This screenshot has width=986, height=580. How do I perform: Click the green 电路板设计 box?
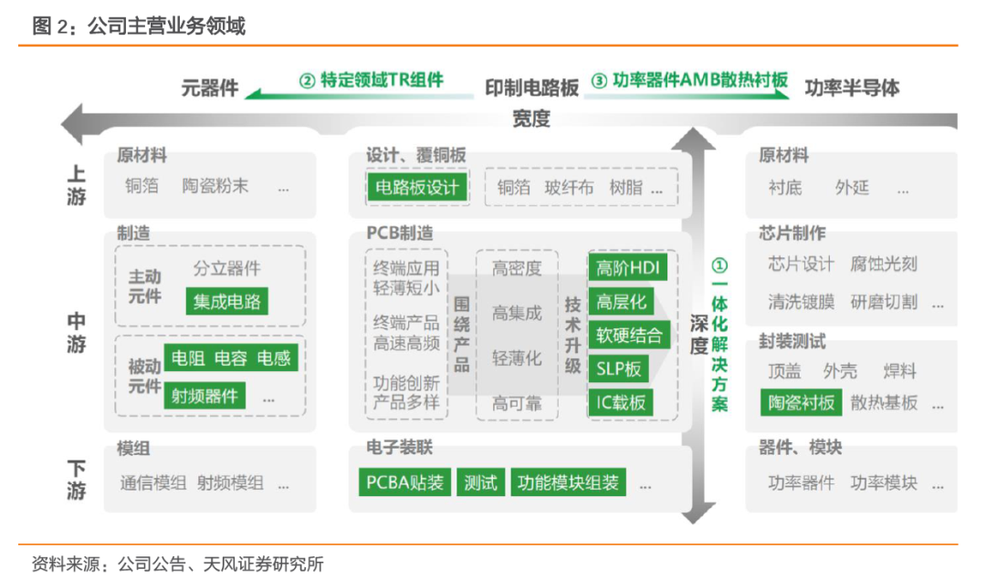click(x=416, y=188)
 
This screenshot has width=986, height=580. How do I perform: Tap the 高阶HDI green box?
click(x=629, y=268)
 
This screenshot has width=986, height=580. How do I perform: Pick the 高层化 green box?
click(x=621, y=302)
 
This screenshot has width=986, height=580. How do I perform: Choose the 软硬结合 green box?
click(x=629, y=335)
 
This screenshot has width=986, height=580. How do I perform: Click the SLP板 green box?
click(x=618, y=368)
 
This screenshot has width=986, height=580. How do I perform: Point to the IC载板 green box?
click(x=621, y=402)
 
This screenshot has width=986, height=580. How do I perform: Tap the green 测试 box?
click(x=480, y=482)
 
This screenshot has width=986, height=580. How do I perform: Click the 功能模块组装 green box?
click(x=568, y=482)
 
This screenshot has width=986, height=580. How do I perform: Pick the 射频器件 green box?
click(x=205, y=395)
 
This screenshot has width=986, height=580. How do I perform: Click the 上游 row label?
click(x=77, y=185)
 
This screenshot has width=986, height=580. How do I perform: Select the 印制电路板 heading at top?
click(x=531, y=88)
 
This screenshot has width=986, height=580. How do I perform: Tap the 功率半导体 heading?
click(x=852, y=88)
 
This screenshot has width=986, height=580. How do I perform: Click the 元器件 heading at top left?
click(x=210, y=88)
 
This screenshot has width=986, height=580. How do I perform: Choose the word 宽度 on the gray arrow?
click(x=531, y=119)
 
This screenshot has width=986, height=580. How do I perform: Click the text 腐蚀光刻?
click(x=884, y=264)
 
